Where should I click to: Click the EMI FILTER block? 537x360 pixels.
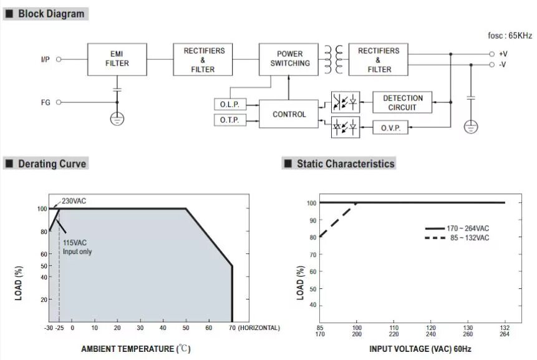point(117,59)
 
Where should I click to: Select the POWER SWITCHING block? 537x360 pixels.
point(289,59)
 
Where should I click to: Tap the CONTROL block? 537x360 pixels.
point(289,114)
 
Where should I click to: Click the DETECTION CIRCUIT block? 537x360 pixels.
point(402,102)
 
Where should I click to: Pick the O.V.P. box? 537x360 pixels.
point(390,128)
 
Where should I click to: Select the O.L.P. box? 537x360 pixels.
point(229,104)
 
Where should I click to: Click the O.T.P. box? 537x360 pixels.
point(229,119)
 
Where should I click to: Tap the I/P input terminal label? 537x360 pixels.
point(45,59)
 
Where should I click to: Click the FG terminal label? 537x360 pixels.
point(44,102)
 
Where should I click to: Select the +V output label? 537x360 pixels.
point(503,54)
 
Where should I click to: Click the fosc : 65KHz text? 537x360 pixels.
point(510,36)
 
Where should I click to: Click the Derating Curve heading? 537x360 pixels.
point(52,164)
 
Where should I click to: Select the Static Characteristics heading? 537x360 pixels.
point(345,164)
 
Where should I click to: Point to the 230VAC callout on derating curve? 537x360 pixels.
point(74,202)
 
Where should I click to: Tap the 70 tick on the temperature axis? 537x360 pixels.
point(232,328)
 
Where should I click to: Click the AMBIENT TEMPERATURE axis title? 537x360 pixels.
point(135,349)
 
